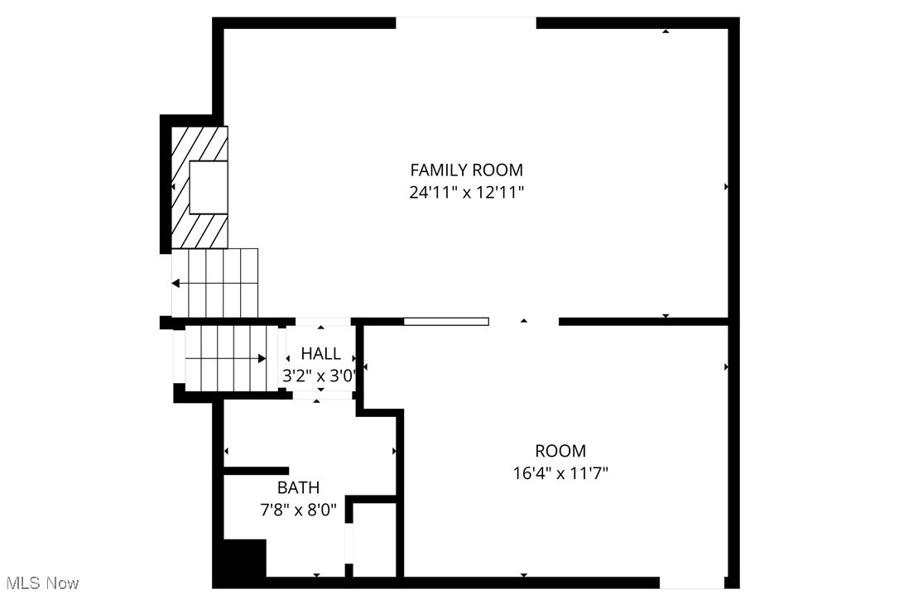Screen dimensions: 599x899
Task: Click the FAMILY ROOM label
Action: tap(466, 170)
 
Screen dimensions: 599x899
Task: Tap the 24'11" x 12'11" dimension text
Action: tap(466, 192)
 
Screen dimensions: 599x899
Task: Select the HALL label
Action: tap(320, 354)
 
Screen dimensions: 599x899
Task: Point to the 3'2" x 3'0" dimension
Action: tap(320, 376)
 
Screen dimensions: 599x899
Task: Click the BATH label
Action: tap(298, 488)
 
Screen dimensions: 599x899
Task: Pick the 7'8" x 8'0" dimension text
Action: tap(298, 510)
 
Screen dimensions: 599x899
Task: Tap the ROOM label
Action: tap(560, 451)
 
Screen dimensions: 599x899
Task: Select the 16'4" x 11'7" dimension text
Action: tap(560, 473)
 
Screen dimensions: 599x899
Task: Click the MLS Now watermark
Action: tap(40, 583)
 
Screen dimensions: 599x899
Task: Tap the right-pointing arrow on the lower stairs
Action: tap(261, 358)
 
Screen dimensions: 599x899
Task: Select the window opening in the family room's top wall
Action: tap(466, 22)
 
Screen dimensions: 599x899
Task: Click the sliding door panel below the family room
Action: tap(446, 321)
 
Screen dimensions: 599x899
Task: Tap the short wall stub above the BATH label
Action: tap(256, 471)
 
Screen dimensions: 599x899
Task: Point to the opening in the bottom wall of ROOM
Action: tap(692, 583)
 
